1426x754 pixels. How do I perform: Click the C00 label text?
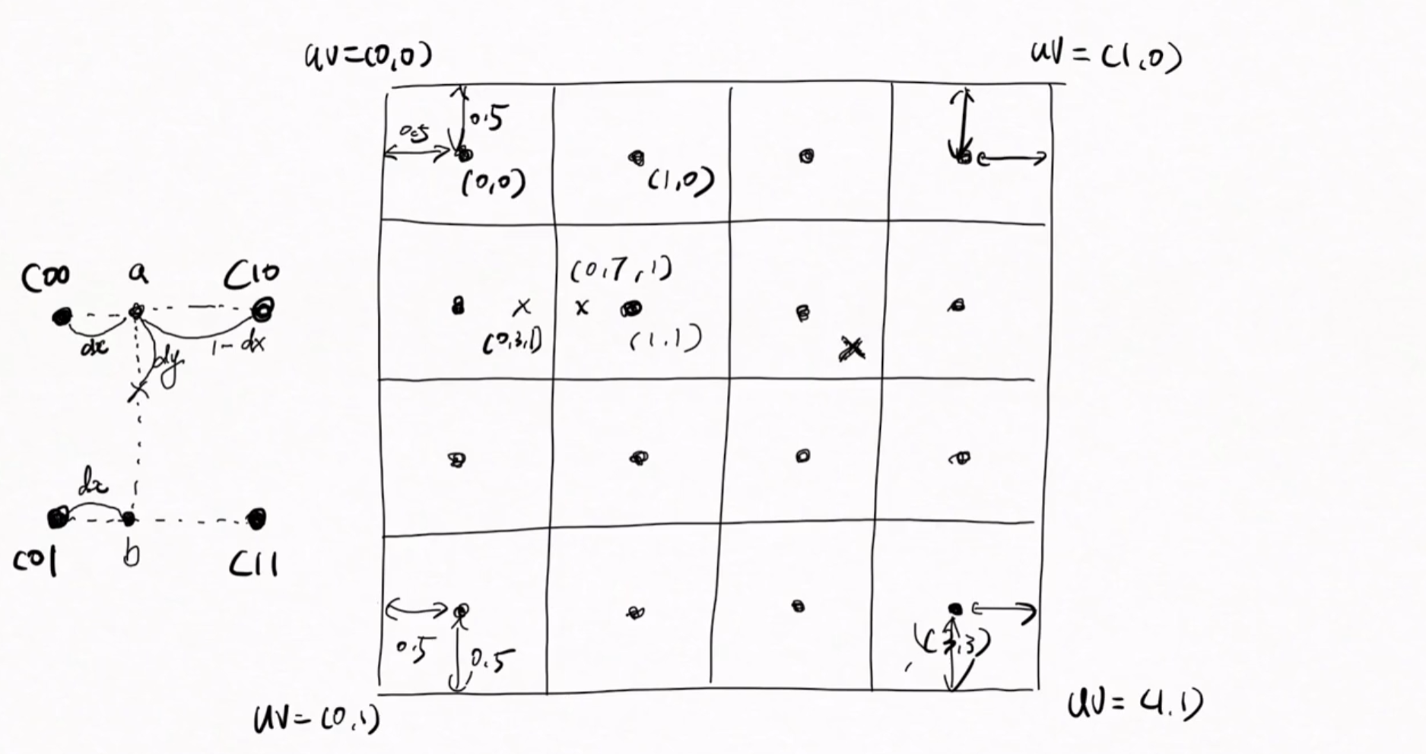pyautogui.click(x=46, y=277)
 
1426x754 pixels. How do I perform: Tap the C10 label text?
pyautogui.click(x=252, y=275)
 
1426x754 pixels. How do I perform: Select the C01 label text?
pyautogui.click(x=35, y=562)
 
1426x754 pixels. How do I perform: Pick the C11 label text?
pyautogui.click(x=253, y=564)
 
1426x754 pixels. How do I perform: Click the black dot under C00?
pyautogui.click(x=62, y=316)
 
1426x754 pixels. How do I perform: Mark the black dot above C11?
pyautogui.click(x=257, y=518)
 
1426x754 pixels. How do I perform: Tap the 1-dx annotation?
pyautogui.click(x=238, y=346)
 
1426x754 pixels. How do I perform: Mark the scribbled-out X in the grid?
pyautogui.click(x=853, y=349)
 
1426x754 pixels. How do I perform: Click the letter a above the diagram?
pyautogui.click(x=138, y=272)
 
